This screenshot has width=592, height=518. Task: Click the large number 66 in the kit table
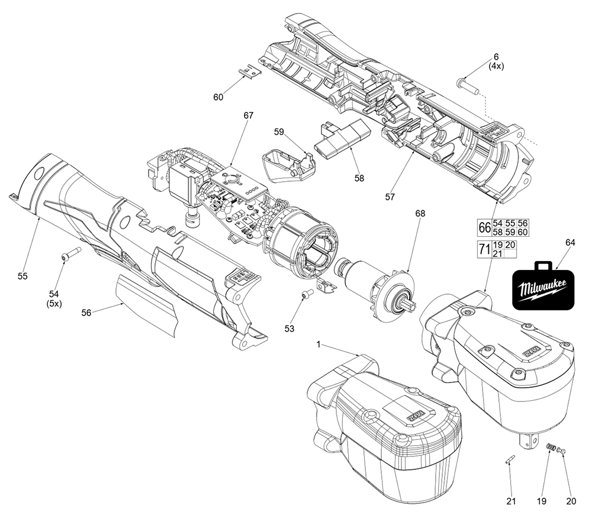click(484, 227)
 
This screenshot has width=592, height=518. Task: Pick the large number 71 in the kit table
click(484, 249)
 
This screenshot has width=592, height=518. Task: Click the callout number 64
click(570, 242)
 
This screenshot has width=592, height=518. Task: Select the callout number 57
click(389, 196)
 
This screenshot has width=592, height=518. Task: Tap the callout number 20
click(571, 501)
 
